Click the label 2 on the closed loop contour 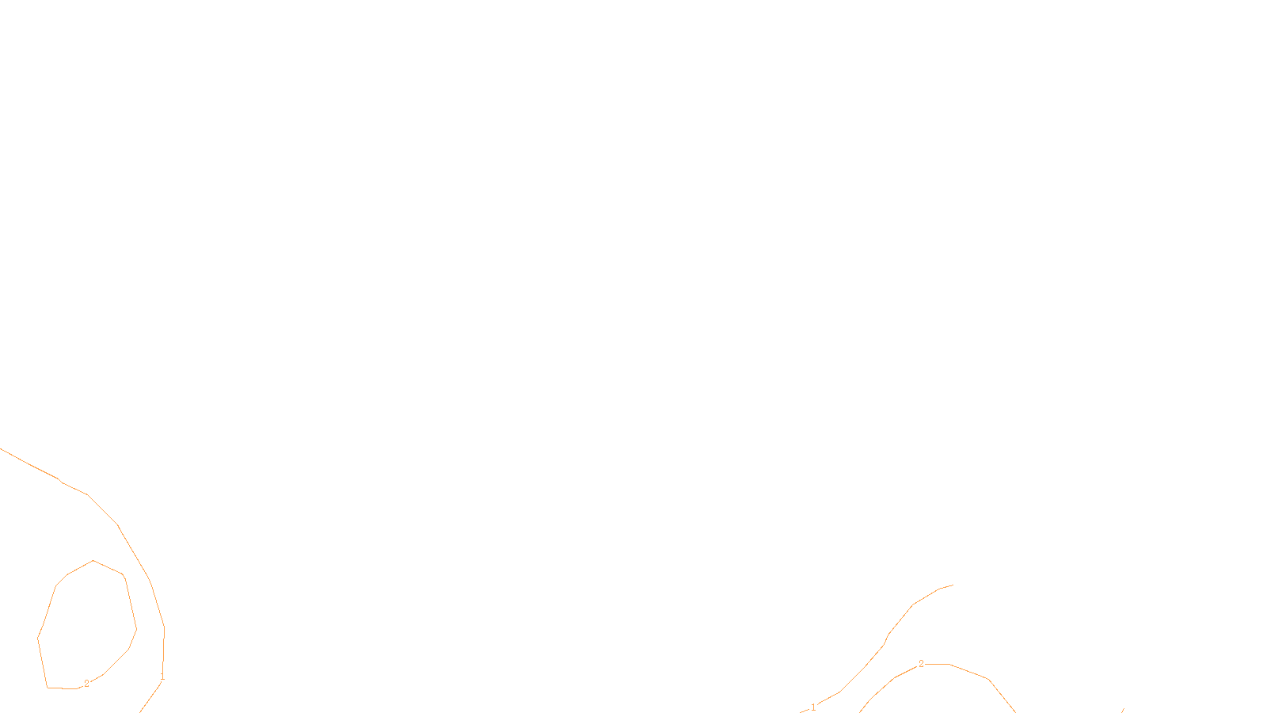coord(86,684)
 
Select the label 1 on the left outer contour coord(162,677)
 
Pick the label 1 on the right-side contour coord(813,707)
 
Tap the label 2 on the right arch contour coord(921,664)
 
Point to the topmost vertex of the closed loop coord(93,561)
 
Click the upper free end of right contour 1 coord(953,585)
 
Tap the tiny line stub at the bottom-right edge coord(1123,711)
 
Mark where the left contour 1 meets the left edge coord(2,449)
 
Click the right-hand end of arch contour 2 coord(1014,711)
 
